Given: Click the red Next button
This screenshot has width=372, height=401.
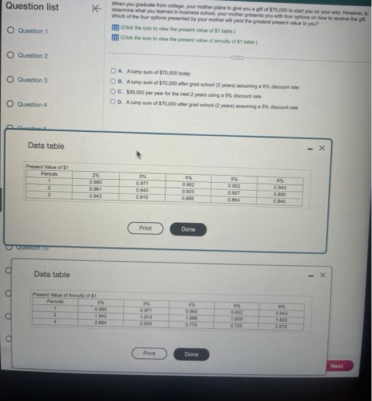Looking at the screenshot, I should (337, 366).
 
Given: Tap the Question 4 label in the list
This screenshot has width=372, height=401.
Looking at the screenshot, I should (32, 105).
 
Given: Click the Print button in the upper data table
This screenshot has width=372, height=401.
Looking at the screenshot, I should (146, 229).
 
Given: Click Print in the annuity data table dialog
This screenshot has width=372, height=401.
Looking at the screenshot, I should (149, 353).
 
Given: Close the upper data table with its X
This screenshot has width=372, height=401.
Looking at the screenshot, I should (322, 148).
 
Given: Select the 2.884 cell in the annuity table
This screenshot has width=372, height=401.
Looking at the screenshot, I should (100, 322).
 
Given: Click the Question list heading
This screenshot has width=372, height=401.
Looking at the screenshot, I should (32, 7).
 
